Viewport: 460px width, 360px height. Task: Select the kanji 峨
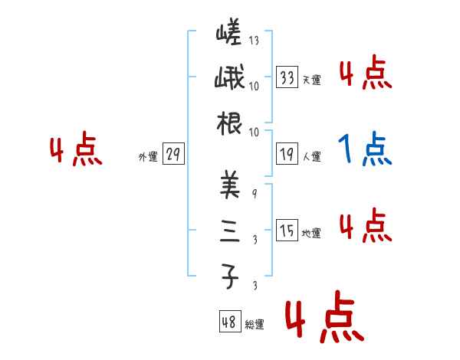[x=228, y=79]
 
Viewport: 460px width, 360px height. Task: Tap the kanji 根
[x=228, y=124]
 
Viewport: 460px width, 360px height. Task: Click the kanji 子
[x=228, y=275]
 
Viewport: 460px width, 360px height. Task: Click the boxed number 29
[x=173, y=155]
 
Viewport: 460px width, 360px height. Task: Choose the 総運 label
[x=254, y=324]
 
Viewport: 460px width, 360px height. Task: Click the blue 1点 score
[x=365, y=149]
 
